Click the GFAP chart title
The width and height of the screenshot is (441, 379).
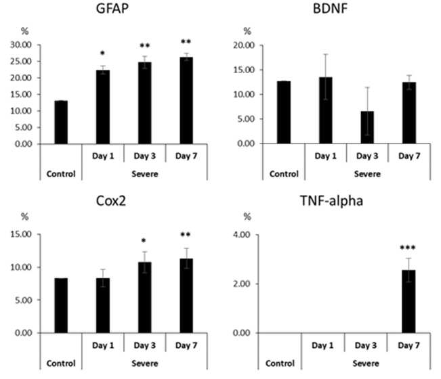point(112,8)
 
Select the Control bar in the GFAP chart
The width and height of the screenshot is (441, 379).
point(61,122)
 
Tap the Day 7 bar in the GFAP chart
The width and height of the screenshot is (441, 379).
point(186,101)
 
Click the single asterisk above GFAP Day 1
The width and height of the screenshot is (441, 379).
point(102,53)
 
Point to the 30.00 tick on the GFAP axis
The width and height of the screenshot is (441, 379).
point(21,45)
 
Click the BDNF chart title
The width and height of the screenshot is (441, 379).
point(330,8)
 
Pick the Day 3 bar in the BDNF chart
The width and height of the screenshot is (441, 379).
point(367,127)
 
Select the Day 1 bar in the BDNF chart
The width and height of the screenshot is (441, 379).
point(326,110)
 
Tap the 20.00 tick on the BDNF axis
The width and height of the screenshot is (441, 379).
point(244,45)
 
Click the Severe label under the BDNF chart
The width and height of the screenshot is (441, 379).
point(367,174)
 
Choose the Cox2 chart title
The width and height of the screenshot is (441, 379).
point(111,201)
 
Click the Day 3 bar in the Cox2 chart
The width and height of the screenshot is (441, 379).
point(144,298)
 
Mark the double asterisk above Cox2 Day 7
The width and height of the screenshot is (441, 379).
point(186,234)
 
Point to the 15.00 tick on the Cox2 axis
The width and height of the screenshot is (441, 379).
point(21,234)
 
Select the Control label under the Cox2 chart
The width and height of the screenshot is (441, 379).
point(61,363)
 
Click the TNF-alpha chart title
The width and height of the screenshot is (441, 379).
point(331,201)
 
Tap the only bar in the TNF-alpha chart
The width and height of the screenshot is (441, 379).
point(408,301)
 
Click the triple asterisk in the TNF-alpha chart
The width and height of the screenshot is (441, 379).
point(408,248)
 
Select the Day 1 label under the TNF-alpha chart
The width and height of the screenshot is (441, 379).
point(322,345)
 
